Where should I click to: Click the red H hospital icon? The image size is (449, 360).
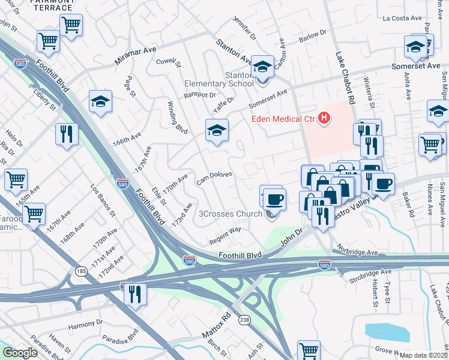click(x=325, y=119)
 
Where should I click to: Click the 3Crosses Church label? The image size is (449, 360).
click(x=230, y=214)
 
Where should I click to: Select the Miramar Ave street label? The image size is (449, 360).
click(x=136, y=58)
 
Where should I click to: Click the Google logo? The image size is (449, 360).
click(x=20, y=353)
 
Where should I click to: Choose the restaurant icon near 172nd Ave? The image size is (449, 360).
click(x=134, y=294)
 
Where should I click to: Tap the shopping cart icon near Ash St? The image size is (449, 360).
click(x=309, y=349)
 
